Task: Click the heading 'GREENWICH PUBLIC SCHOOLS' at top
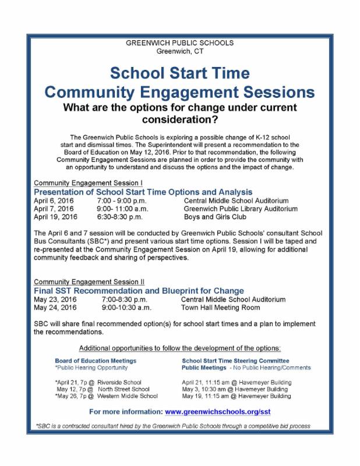click(x=180, y=43)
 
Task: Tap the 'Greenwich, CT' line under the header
click(x=180, y=51)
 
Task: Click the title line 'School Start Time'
click(x=180, y=73)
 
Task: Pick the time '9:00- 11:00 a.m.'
click(x=124, y=209)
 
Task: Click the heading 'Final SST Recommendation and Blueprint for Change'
click(x=139, y=291)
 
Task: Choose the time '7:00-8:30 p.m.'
click(x=121, y=299)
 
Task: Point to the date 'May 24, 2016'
click(x=56, y=308)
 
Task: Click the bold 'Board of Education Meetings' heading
click(x=96, y=361)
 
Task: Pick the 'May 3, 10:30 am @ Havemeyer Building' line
click(x=237, y=389)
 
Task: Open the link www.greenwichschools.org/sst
click(x=218, y=412)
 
